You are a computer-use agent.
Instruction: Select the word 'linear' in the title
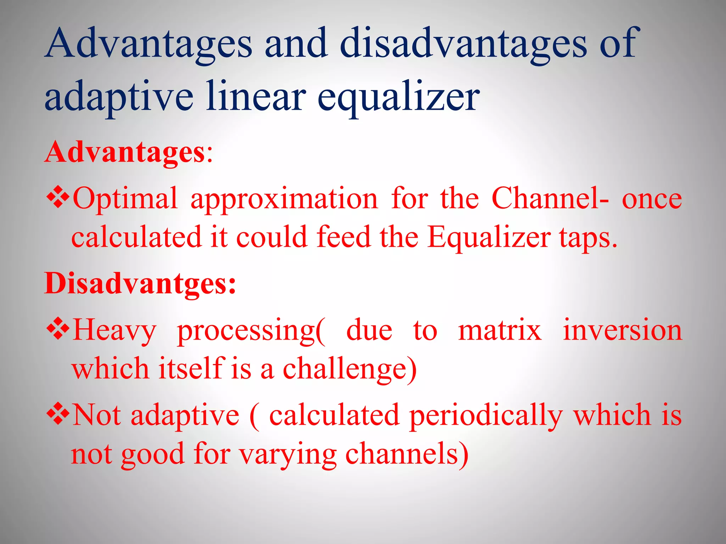point(256,96)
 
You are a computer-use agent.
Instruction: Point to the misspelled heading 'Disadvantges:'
point(140,284)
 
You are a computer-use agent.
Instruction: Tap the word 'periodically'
point(486,416)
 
